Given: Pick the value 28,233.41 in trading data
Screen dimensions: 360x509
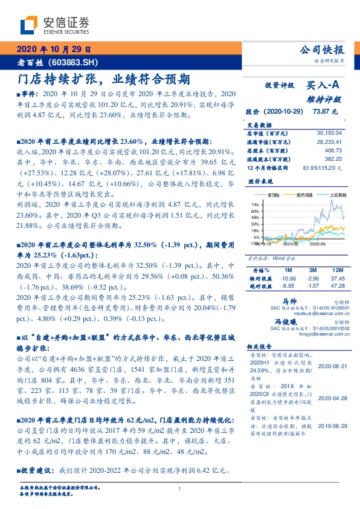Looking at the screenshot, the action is point(329,141).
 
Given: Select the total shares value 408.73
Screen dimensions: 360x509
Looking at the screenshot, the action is point(333,150).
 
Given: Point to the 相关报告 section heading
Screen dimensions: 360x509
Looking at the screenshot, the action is point(261,346).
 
